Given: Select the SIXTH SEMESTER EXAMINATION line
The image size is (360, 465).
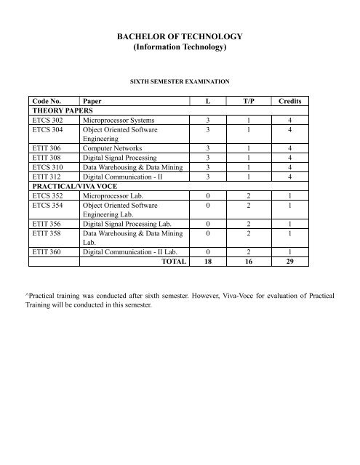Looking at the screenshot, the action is [x=180, y=82].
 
